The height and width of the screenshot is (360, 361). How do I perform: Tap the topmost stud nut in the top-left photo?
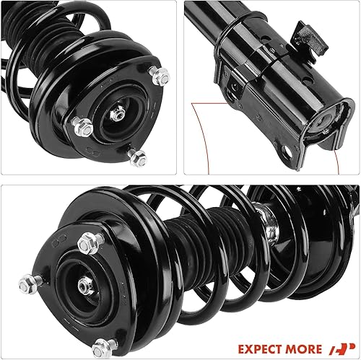[x=162, y=74]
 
